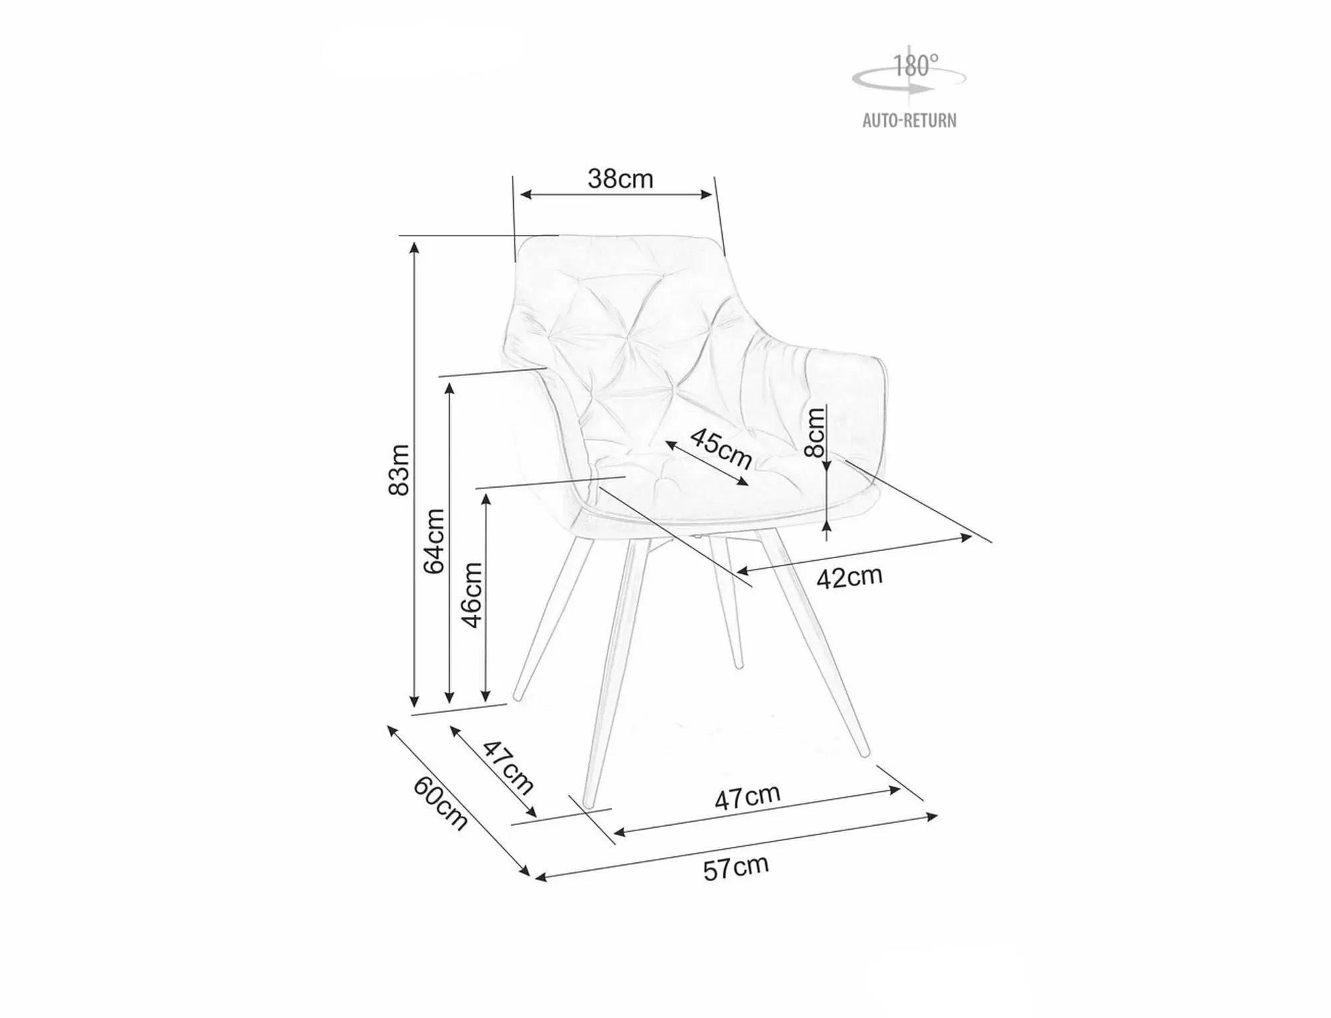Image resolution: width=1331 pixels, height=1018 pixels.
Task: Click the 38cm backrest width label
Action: point(620,178)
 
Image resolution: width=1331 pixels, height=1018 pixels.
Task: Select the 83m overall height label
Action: point(399,470)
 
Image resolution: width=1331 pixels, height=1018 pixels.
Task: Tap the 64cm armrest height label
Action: point(434,541)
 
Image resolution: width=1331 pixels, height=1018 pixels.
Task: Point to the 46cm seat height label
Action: point(472,595)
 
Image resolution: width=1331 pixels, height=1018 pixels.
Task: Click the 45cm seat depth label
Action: point(721,448)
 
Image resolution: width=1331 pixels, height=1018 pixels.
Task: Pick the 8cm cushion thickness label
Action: point(815,432)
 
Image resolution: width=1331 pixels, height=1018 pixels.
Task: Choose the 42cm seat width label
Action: point(850,577)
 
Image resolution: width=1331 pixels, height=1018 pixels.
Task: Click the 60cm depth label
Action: point(441,803)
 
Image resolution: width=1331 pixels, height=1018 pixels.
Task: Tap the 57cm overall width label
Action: point(736,868)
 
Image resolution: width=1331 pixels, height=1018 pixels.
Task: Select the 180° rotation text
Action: point(915,66)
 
